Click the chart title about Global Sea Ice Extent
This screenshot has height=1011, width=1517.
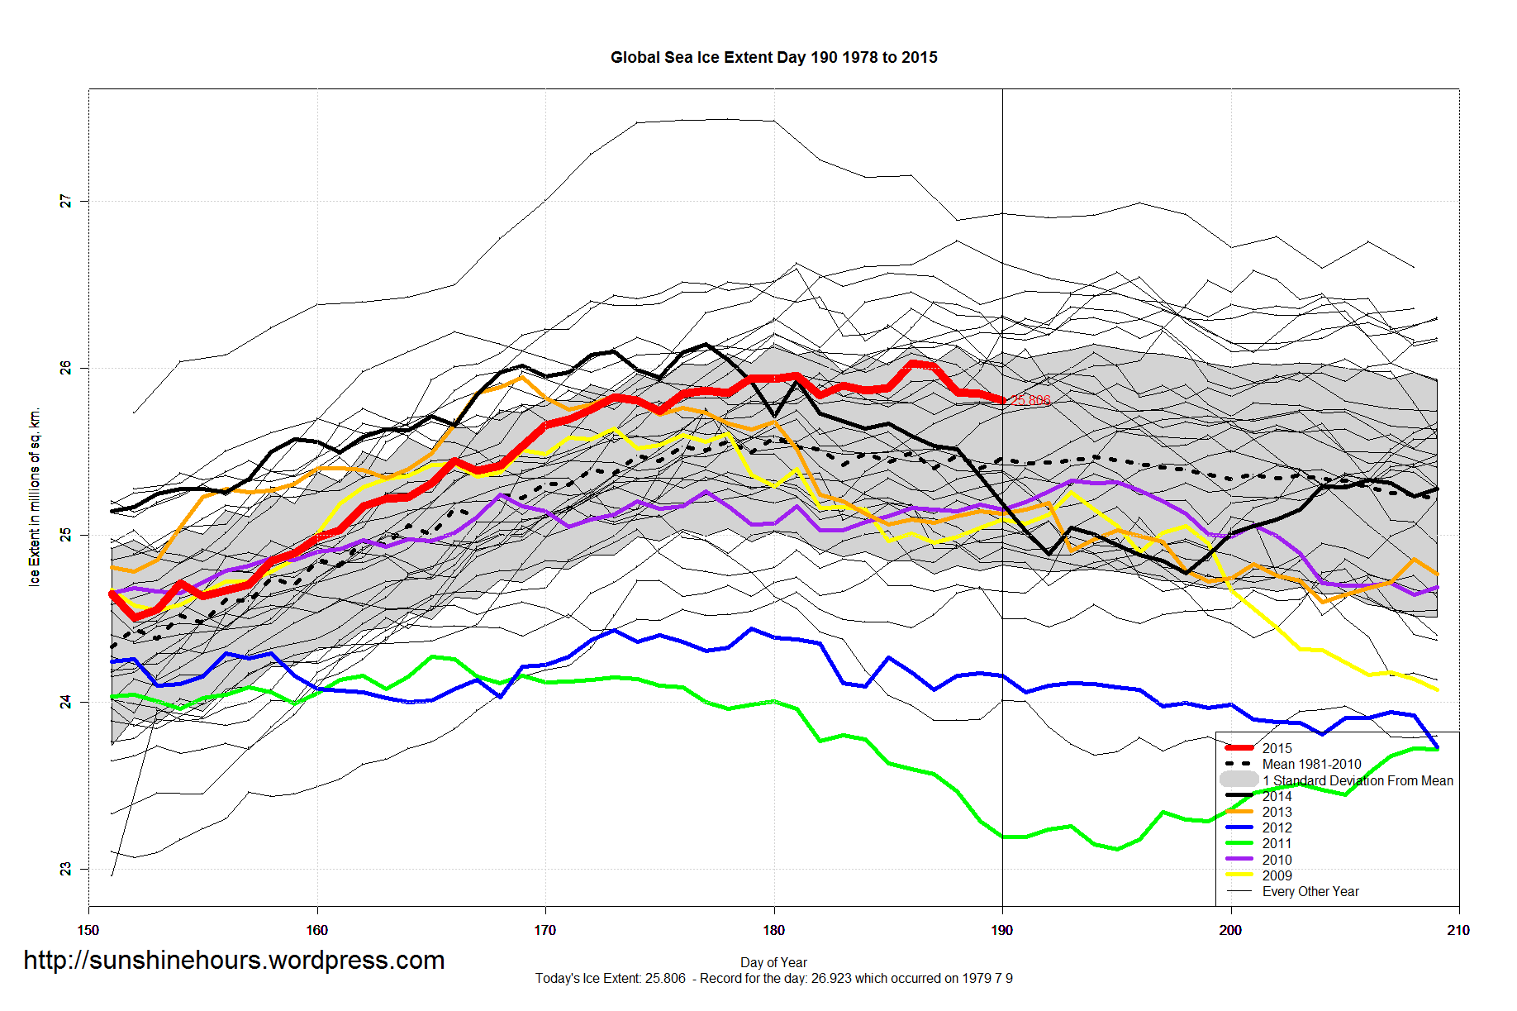tap(773, 58)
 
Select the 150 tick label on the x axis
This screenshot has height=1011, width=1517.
tap(88, 930)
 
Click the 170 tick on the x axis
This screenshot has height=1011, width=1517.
tap(545, 930)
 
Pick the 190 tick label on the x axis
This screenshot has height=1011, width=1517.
tap(1002, 930)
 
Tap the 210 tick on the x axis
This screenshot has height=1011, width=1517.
tap(1458, 930)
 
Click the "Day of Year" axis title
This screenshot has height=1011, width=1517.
tap(773, 962)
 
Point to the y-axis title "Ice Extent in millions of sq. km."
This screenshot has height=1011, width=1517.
tap(35, 497)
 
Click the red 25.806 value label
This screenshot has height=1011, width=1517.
tap(1031, 400)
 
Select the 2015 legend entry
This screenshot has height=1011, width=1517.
tap(1277, 748)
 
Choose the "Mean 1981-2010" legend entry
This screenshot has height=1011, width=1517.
tap(1311, 765)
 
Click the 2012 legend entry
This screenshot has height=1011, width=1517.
tap(1277, 827)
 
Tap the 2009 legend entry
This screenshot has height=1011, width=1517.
tap(1277, 875)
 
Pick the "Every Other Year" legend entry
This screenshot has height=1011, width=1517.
tap(1310, 891)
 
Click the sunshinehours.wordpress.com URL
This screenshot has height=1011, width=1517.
tap(234, 960)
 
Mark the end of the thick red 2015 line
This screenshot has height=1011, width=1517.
tap(1002, 400)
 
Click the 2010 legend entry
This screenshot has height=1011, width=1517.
tap(1277, 860)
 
